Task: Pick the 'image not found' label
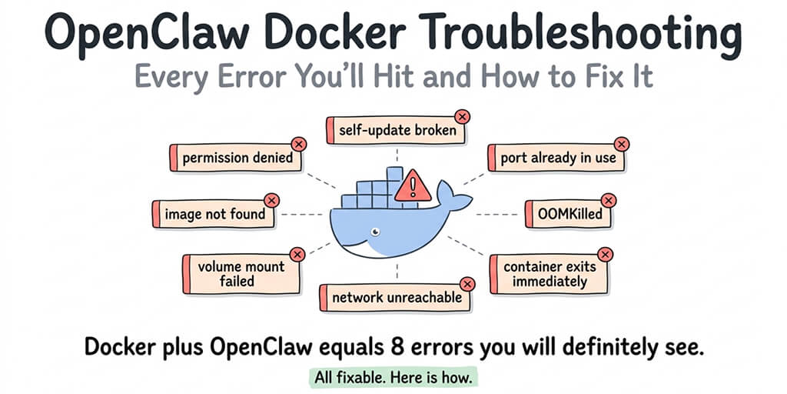pos(214,215)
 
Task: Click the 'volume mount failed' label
pos(241,274)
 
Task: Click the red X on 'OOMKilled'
pos(609,201)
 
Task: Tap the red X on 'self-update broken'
pos(462,117)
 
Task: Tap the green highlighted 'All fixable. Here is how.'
pos(395,379)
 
